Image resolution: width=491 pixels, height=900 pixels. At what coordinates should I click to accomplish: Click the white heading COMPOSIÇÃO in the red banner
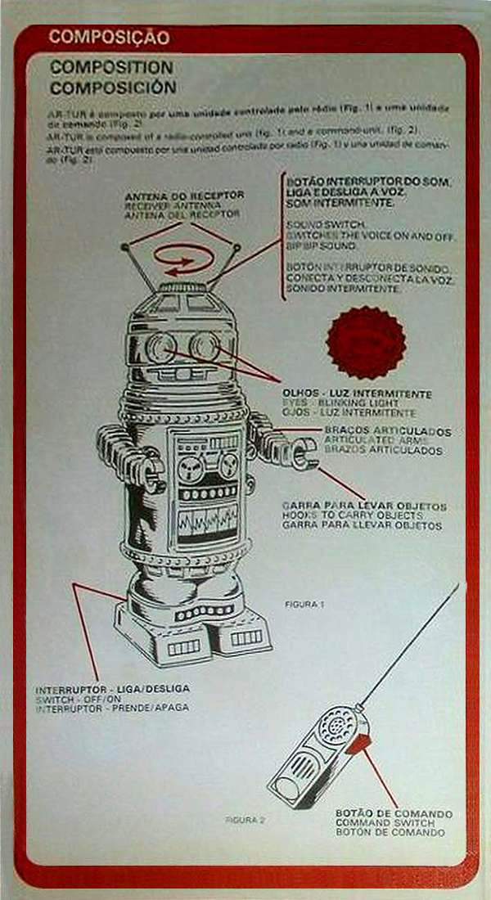[x=109, y=37]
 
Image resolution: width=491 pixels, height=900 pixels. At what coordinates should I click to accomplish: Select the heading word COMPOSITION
[x=111, y=67]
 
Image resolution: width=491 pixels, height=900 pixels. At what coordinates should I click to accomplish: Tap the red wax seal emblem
[x=366, y=342]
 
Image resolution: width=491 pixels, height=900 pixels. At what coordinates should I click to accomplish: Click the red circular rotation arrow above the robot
[x=183, y=260]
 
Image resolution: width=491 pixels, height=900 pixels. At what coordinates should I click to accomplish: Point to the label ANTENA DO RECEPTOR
[x=184, y=196]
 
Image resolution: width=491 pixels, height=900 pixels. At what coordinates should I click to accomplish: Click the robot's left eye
[x=159, y=347]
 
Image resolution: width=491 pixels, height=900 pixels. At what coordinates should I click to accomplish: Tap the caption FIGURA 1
[x=304, y=604]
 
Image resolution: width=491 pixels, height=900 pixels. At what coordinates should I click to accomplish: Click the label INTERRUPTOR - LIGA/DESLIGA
[x=106, y=690]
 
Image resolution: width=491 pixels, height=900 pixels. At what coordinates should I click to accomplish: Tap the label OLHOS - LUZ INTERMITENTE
[x=352, y=394]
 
